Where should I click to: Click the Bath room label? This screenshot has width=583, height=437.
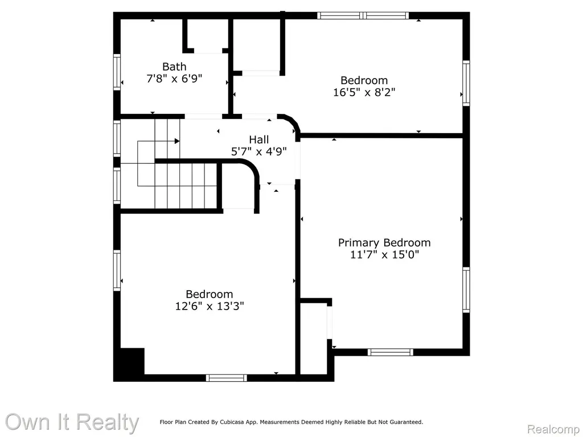click(x=174, y=67)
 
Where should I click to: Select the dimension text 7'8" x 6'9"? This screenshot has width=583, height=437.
click(x=174, y=79)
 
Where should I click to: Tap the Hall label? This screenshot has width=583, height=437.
click(x=259, y=140)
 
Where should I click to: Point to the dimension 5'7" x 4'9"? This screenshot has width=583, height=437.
click(x=259, y=151)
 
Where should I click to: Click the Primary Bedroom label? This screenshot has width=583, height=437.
click(x=384, y=243)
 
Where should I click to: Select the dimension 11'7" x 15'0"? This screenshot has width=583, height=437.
click(x=384, y=254)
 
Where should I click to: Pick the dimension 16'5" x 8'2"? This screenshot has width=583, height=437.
click(x=364, y=92)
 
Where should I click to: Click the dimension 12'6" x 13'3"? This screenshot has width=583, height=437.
click(x=210, y=306)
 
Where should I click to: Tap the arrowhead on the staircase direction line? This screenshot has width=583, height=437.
click(x=177, y=141)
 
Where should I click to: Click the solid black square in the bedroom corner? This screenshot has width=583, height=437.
click(x=132, y=361)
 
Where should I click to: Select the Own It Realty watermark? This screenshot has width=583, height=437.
click(x=72, y=422)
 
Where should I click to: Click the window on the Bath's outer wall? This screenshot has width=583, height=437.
click(x=117, y=72)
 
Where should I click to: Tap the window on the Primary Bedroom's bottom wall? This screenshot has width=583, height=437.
click(x=391, y=352)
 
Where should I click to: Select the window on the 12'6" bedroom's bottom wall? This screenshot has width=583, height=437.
click(x=227, y=378)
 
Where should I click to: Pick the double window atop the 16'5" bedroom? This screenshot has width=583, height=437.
click(x=363, y=15)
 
